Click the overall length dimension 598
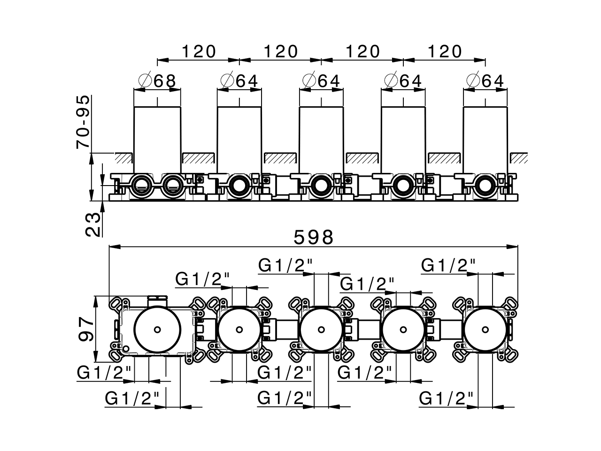click(x=313, y=237)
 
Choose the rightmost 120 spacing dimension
click(x=444, y=51)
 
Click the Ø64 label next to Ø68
click(x=239, y=81)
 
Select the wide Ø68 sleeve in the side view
click(x=157, y=139)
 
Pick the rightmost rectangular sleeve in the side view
click(x=485, y=139)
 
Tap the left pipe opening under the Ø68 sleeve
click(x=141, y=186)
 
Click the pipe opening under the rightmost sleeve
click(x=485, y=186)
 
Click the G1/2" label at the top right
click(x=448, y=265)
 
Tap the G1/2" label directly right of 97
click(x=104, y=373)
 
